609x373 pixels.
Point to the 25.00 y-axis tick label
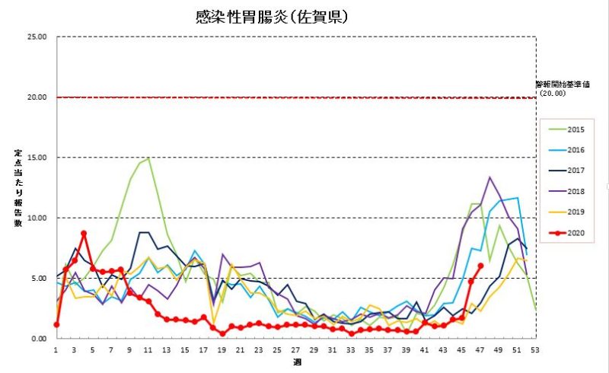(x=37, y=37)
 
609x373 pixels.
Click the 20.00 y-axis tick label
(x=37, y=97)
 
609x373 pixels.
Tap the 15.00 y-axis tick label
(x=37, y=158)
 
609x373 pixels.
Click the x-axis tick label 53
(x=537, y=349)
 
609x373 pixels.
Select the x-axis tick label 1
(x=56, y=349)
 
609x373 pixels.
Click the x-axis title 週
(x=296, y=362)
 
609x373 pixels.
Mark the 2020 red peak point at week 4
(x=84, y=234)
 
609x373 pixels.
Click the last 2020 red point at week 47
(x=480, y=266)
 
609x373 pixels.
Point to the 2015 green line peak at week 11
(x=148, y=158)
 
